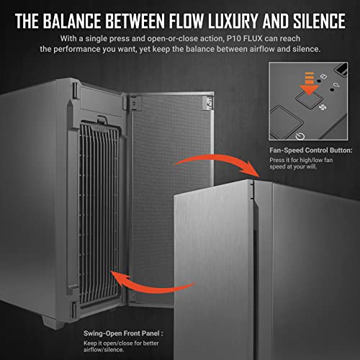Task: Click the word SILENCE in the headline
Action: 319,21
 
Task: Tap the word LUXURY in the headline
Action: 233,21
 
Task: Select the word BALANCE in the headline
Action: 72,21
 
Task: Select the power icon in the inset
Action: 300,136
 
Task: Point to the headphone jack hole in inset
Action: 332,90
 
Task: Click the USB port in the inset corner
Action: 341,69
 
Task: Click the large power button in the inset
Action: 287,121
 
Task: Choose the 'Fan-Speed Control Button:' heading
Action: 311,150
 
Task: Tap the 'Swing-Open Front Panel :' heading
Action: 123,333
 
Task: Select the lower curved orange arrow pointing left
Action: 149,287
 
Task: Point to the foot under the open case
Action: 53,323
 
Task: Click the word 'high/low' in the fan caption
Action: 305,160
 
